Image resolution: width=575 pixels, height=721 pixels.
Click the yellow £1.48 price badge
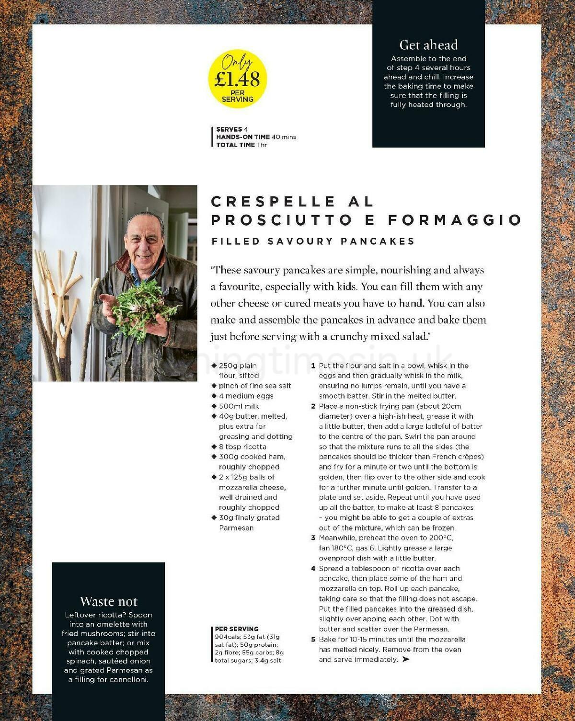[237, 79]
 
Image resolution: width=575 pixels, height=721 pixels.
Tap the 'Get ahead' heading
[428, 45]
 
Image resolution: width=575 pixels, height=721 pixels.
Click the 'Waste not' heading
[109, 601]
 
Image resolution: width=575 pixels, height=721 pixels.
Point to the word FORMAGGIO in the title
[454, 220]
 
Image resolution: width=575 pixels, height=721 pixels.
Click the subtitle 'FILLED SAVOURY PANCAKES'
[313, 241]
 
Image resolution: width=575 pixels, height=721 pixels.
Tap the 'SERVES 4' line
[232, 129]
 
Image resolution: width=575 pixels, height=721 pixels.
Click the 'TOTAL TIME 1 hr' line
[241, 145]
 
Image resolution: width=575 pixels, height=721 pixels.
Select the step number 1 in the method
[313, 366]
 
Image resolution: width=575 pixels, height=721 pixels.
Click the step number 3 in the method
[313, 538]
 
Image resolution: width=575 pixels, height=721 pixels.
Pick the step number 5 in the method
[313, 640]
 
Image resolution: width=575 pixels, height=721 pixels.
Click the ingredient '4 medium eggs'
[246, 396]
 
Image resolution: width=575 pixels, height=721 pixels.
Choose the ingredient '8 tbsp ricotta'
[242, 446]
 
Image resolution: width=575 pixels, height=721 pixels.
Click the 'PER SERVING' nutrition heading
[237, 629]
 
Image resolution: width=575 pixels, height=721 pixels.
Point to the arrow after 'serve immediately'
[406, 660]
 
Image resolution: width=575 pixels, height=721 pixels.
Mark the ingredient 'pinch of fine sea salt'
[255, 386]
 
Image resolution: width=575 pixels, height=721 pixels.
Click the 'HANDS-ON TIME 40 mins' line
[256, 137]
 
